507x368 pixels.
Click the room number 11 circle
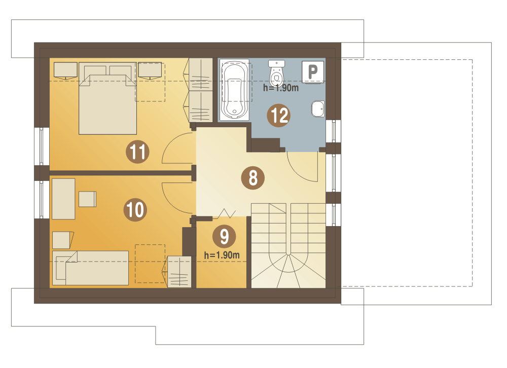(137, 152)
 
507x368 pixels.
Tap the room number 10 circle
(135, 209)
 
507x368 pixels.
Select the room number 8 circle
(253, 178)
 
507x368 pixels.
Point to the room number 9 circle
(224, 236)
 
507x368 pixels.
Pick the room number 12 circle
(279, 115)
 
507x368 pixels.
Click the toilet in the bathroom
(276, 73)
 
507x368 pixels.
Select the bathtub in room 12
(234, 89)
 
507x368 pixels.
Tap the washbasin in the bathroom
(318, 109)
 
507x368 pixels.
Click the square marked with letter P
(313, 72)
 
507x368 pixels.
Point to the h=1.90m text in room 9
(222, 255)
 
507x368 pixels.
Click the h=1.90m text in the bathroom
(281, 88)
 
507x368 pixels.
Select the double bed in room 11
(107, 98)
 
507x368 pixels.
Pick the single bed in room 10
(91, 268)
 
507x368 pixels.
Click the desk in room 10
(63, 199)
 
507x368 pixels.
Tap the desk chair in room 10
(87, 199)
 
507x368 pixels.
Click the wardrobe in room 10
(179, 272)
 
